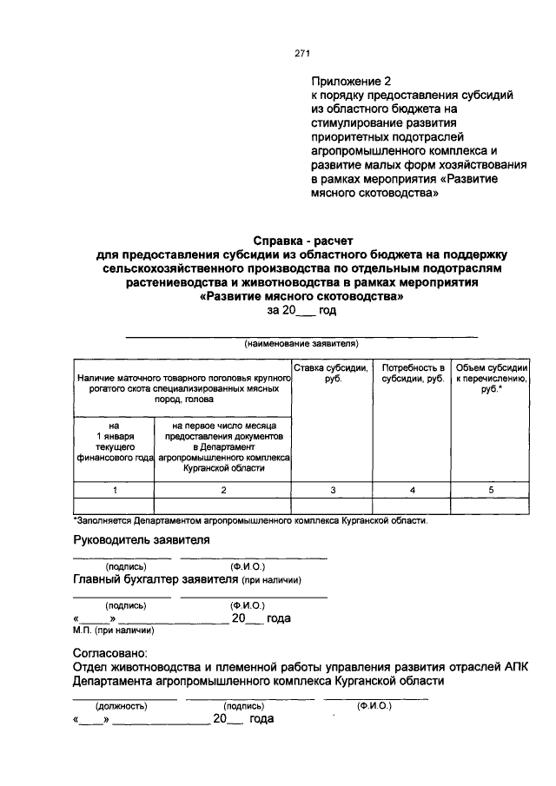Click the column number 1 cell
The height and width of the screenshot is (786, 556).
pos(114,491)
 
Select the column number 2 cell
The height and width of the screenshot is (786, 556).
pos(222,491)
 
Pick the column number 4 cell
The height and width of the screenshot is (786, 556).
pos(414,491)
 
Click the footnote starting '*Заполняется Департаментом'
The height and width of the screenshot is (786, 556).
pos(250,521)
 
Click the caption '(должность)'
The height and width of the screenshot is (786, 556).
pos(121,706)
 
